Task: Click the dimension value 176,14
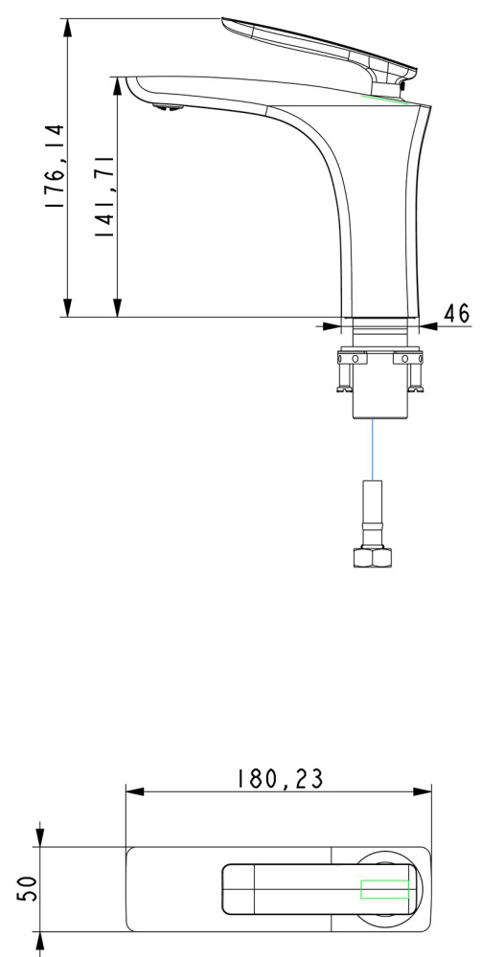55,166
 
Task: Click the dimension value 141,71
104,196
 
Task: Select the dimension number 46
456,313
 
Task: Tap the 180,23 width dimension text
280,779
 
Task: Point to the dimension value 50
28,888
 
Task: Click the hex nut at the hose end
372,557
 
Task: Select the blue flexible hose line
372,450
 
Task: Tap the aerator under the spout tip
168,108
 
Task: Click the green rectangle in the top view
384,889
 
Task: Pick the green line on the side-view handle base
385,100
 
